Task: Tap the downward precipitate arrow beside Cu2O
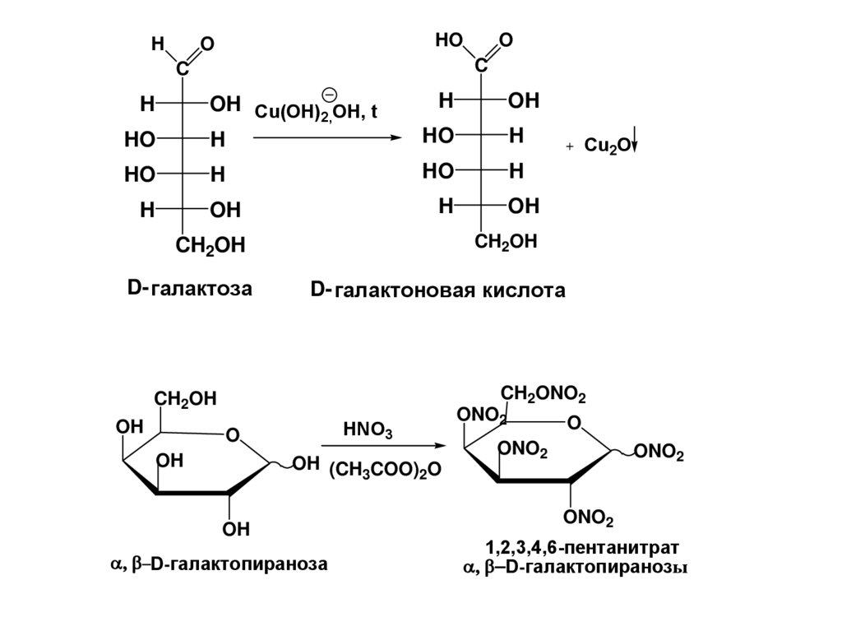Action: click(x=636, y=146)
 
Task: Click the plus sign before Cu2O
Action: click(x=569, y=146)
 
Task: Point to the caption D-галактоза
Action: click(x=189, y=288)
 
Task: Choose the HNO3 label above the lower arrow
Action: click(x=368, y=430)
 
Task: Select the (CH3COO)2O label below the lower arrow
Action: click(x=385, y=469)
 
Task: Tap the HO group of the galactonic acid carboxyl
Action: click(x=449, y=39)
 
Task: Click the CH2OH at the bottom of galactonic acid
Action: click(x=506, y=242)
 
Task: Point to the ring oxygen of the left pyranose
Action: click(x=233, y=434)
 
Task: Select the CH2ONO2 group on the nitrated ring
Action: click(x=544, y=395)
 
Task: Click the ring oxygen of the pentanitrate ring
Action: click(x=574, y=423)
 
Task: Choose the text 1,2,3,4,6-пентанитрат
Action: click(x=581, y=548)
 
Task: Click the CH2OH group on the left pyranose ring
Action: click(x=186, y=399)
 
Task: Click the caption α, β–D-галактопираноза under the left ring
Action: click(x=218, y=564)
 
